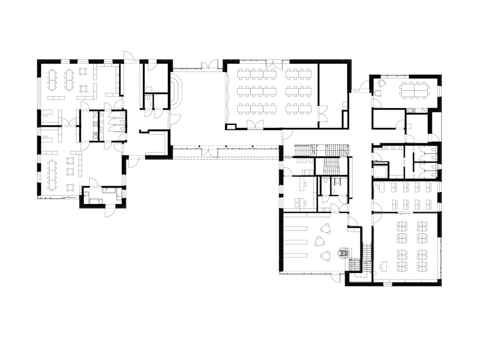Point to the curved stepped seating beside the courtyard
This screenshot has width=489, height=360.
[x=179, y=93]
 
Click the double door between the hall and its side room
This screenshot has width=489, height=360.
[x=322, y=115]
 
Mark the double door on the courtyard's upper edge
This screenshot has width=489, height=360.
[x=208, y=66]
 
